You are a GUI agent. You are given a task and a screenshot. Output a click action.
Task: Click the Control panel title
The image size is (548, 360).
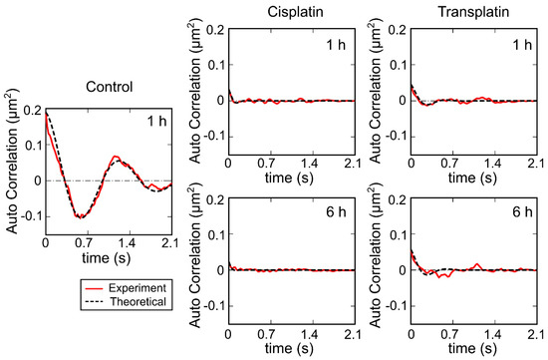tap(109, 86)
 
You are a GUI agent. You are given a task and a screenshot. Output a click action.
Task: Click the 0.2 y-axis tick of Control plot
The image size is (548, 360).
tap(30, 110)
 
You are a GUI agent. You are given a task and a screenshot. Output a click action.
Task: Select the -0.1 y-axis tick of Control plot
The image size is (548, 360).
tap(28, 215)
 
